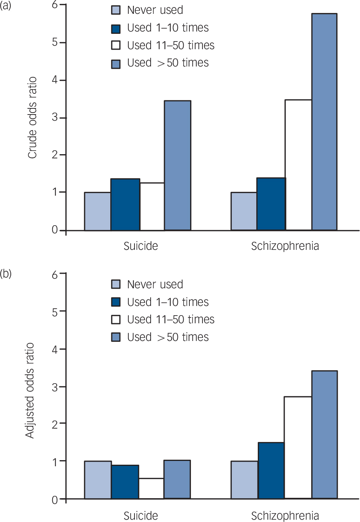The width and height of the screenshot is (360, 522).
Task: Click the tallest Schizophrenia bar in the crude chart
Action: (x=324, y=122)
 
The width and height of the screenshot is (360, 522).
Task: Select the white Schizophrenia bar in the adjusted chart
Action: (x=298, y=447)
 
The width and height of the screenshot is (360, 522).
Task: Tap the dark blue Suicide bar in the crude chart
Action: (x=125, y=204)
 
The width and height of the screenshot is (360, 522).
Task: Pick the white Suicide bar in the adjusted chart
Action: (x=151, y=489)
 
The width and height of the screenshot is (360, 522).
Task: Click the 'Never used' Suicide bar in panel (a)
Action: (x=98, y=211)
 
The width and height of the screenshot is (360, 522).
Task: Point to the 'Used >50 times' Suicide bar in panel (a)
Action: (x=178, y=165)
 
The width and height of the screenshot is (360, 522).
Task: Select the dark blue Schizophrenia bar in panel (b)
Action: (x=271, y=470)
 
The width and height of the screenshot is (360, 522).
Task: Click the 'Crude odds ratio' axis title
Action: (x=32, y=118)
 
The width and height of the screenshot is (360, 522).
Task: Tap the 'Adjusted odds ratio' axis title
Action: (x=30, y=390)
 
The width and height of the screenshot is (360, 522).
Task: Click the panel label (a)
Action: (x=5, y=6)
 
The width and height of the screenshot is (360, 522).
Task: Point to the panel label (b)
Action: (x=5, y=274)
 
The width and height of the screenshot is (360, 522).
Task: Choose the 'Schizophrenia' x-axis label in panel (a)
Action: (x=285, y=246)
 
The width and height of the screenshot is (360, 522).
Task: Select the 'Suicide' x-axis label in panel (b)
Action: (x=141, y=515)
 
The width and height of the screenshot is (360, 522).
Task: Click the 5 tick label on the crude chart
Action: (x=55, y=42)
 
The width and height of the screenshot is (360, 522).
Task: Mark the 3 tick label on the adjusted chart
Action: (x=55, y=387)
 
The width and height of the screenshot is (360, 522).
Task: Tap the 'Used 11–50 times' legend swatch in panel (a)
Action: (x=116, y=45)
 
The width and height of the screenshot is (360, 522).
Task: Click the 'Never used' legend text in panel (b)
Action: (x=155, y=284)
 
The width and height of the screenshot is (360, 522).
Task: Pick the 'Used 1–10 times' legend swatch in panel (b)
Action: (x=116, y=302)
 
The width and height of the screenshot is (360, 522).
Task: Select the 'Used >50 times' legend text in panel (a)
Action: (x=168, y=63)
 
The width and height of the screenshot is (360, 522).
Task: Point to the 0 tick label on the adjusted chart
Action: (x=55, y=499)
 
